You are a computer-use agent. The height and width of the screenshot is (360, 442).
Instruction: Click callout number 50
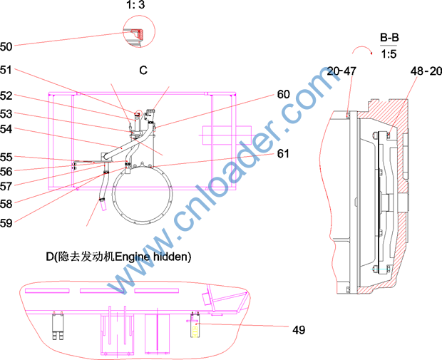click(x=6, y=46)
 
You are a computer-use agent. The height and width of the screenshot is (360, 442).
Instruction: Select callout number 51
click(x=6, y=70)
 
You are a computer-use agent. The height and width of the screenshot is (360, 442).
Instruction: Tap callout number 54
click(x=6, y=129)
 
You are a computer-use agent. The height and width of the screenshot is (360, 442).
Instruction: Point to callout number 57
click(x=6, y=186)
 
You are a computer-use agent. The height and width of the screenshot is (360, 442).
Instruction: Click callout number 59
click(x=6, y=223)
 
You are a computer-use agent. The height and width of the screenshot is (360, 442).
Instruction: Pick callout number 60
click(x=283, y=94)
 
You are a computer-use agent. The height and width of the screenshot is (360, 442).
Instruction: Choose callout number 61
click(x=283, y=154)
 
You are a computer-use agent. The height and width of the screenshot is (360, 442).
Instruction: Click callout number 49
click(x=299, y=330)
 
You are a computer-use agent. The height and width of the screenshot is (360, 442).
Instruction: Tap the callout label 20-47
click(x=341, y=71)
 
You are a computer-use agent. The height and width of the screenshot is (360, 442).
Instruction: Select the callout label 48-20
click(x=426, y=71)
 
